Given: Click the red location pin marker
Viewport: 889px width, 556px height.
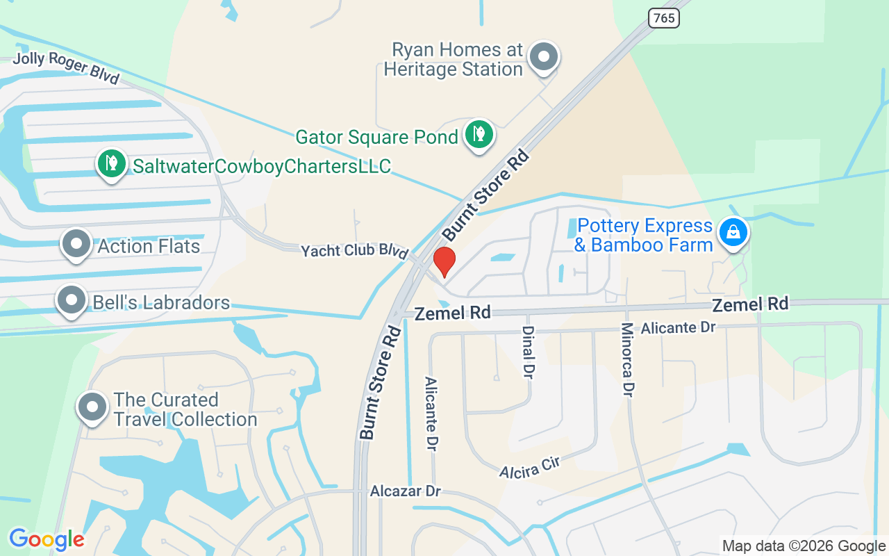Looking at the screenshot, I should [x=444, y=261].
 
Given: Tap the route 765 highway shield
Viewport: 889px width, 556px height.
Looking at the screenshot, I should [x=663, y=18].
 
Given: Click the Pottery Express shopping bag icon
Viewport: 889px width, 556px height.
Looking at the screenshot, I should [x=733, y=232].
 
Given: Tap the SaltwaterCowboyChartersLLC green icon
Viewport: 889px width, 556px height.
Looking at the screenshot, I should [x=111, y=164].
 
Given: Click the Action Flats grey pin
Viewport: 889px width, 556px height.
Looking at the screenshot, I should [x=76, y=244].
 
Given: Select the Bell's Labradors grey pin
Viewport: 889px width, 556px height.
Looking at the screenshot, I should [x=71, y=301].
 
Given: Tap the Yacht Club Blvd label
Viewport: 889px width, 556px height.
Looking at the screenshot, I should [x=354, y=251].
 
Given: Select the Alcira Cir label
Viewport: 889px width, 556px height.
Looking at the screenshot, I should [x=529, y=467].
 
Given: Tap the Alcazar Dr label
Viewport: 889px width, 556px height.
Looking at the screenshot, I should [x=406, y=491].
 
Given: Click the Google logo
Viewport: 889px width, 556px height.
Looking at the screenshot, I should [x=47, y=539].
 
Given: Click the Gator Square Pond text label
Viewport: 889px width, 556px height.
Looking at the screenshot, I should [x=376, y=137].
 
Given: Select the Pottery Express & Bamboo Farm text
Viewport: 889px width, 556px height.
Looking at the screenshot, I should [x=645, y=236].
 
